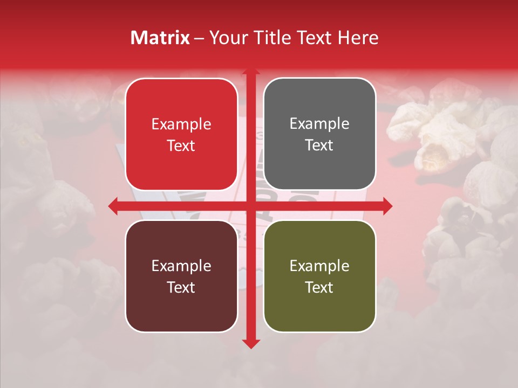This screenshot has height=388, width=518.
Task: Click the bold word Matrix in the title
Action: (160, 38)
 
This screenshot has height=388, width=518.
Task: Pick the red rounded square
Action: (181, 134)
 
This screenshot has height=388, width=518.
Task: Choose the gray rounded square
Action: (319, 134)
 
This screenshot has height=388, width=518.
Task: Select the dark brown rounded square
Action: (181, 276)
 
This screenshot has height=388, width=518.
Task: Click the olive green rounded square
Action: (319, 276)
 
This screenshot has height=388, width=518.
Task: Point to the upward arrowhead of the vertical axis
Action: (250, 71)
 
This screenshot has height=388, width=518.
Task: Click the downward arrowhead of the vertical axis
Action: (250, 343)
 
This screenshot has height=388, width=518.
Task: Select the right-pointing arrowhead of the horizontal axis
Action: (387, 206)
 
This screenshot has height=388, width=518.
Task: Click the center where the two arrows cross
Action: (250, 206)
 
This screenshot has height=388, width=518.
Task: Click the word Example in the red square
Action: (181, 124)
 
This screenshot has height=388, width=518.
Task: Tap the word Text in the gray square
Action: (319, 145)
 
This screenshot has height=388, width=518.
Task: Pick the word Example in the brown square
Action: (181, 266)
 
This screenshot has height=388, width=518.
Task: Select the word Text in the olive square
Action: (319, 287)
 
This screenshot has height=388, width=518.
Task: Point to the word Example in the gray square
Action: (319, 124)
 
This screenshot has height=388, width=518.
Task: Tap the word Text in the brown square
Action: (181, 287)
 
